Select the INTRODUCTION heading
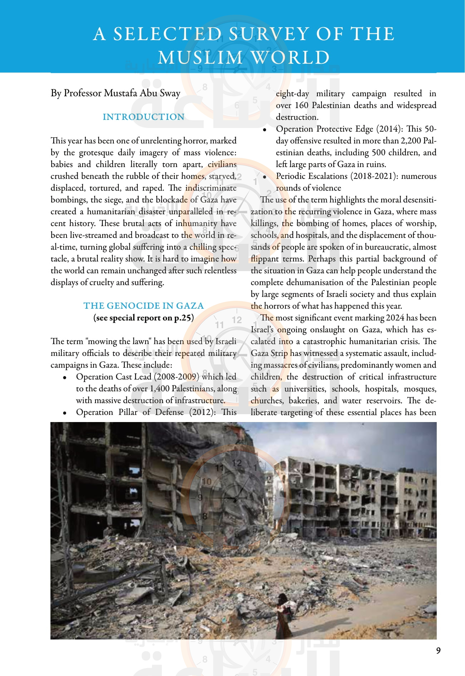[143, 117]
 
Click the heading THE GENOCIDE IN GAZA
[143, 306]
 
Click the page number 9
[438, 651]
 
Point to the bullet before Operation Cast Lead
[65, 377]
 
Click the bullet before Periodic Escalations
[265, 177]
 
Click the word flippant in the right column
[264, 259]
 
